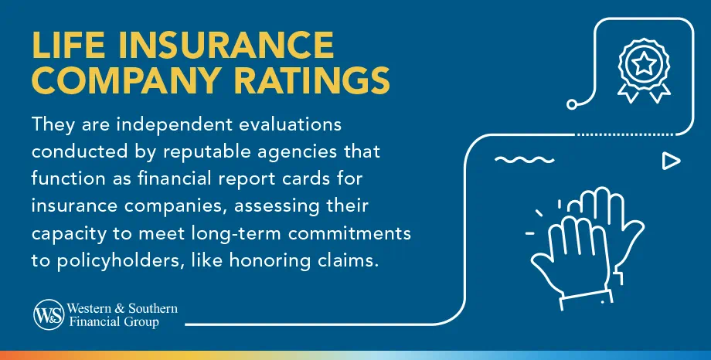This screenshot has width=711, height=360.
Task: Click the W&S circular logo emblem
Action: click(x=47, y=314)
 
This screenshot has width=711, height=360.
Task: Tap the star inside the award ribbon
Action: click(x=642, y=65)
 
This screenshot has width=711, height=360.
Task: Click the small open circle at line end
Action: click(x=572, y=103)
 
